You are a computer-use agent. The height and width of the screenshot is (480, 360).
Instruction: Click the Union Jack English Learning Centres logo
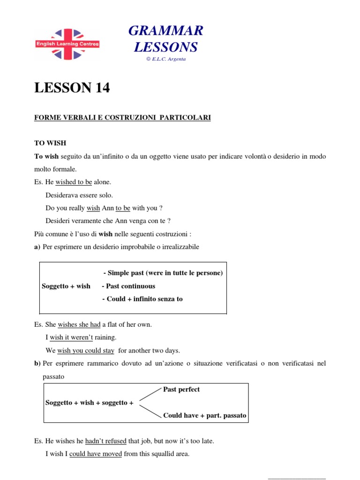pos(67,44)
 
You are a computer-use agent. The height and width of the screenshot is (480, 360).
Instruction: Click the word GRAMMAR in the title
pos(166,31)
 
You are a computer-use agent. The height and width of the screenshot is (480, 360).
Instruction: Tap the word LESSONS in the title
pos(166,47)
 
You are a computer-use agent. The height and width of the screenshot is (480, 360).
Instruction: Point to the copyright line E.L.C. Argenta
pos(166,59)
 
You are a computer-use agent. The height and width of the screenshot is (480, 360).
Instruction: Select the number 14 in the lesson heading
pos(100,88)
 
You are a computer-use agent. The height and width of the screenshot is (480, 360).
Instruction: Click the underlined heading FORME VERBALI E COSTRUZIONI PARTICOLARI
pos(122,118)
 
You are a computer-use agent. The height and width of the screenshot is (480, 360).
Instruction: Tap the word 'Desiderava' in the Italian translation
pos(61,195)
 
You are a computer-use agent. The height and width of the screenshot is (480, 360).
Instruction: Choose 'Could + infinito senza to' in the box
pos(142,299)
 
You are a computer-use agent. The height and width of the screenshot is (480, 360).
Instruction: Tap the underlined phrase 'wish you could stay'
pos(86,350)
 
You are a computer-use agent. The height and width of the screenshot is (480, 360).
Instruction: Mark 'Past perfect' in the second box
pos(181,390)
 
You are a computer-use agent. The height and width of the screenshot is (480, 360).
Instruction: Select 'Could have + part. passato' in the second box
pos(204,415)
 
